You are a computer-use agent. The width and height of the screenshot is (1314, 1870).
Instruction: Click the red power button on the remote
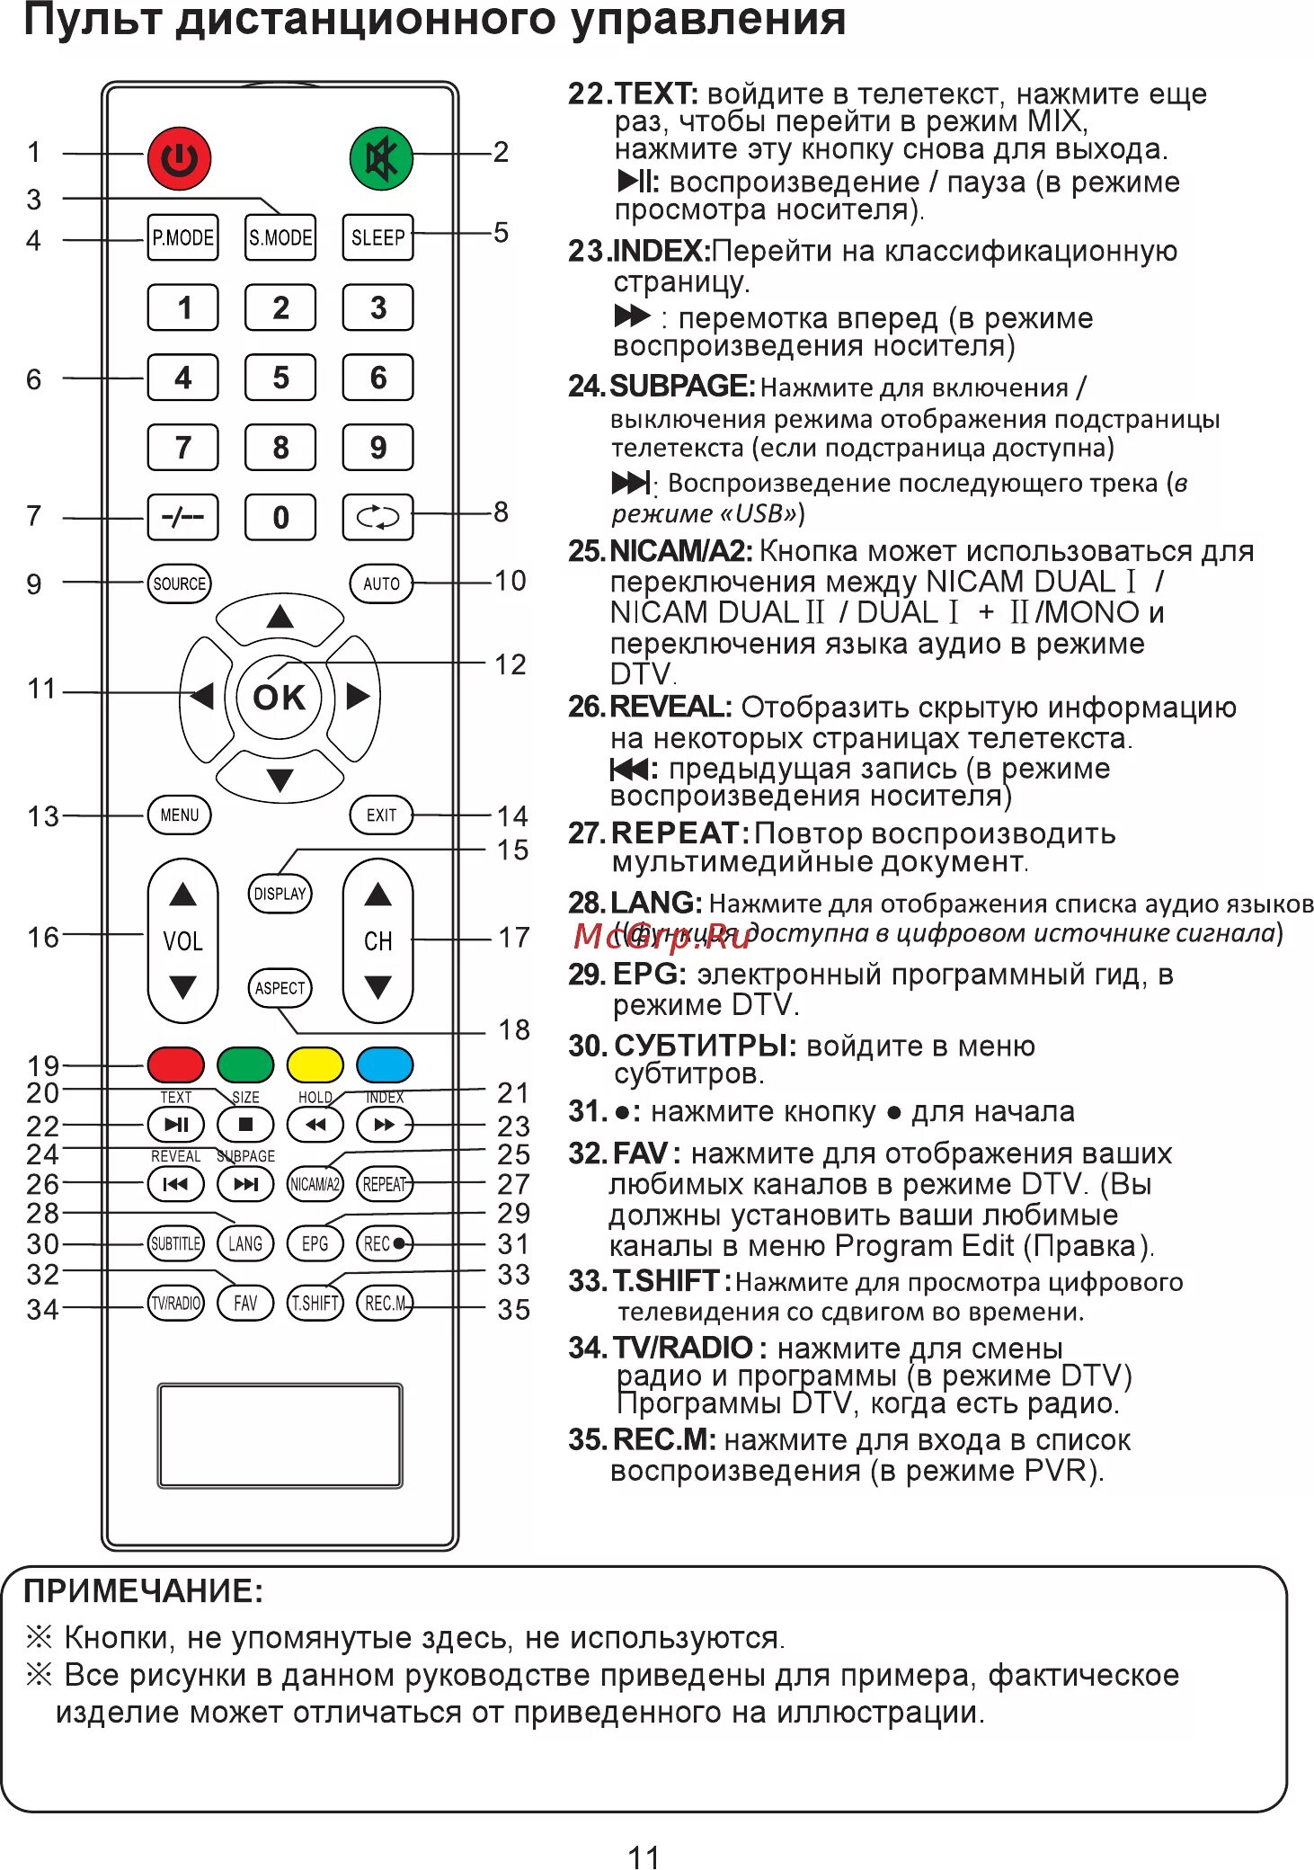[x=179, y=159]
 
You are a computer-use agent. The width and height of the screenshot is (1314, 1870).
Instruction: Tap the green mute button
[x=381, y=159]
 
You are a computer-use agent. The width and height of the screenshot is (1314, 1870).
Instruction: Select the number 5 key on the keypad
[x=280, y=378]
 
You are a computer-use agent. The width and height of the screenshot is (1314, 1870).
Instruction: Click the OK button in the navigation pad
[x=280, y=697]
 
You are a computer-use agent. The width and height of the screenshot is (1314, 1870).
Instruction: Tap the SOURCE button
[x=179, y=583]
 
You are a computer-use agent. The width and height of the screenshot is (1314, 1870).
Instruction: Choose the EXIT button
[x=381, y=815]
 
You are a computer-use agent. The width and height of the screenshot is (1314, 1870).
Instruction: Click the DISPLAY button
[x=280, y=894]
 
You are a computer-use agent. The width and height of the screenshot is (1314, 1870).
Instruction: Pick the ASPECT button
[x=280, y=988]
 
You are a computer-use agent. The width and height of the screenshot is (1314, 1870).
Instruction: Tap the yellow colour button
[x=315, y=1064]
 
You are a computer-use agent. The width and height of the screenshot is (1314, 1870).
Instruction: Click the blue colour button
[x=385, y=1064]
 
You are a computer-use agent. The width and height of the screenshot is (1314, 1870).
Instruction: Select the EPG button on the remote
[x=315, y=1243]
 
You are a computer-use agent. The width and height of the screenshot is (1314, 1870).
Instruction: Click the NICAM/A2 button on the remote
[x=315, y=1184]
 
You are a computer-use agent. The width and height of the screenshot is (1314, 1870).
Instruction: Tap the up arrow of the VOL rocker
[x=182, y=895]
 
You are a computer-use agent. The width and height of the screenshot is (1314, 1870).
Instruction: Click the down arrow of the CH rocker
[x=377, y=987]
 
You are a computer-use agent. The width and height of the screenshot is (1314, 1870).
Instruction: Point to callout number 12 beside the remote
[x=510, y=664]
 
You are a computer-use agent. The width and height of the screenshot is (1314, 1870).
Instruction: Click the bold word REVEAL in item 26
[x=670, y=707]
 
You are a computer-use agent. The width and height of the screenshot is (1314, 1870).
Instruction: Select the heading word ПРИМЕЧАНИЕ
[x=143, y=1590]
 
